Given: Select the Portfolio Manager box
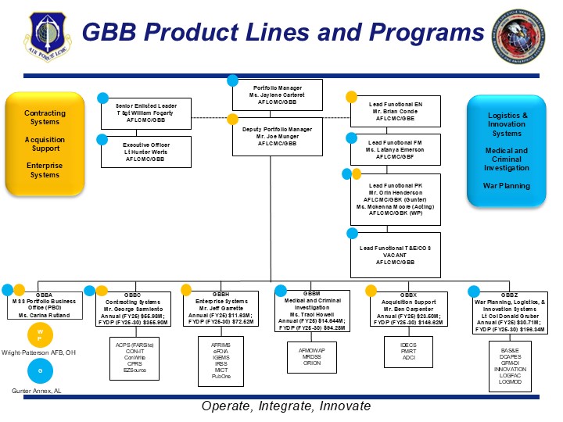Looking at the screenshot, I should (x=278, y=95).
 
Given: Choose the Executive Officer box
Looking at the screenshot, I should (x=145, y=152).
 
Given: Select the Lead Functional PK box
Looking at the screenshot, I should (x=395, y=199).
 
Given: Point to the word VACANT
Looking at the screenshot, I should (x=395, y=256).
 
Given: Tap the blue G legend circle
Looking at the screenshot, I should (x=39, y=370).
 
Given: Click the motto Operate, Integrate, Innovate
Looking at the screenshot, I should (x=285, y=406).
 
